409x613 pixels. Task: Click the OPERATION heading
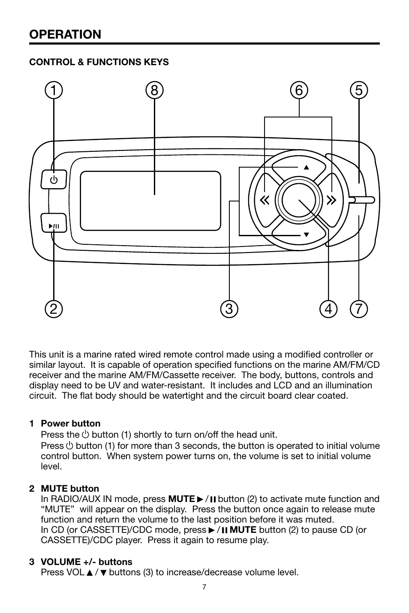(x=65, y=34)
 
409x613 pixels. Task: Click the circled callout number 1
(x=54, y=90)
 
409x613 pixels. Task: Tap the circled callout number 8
(x=154, y=90)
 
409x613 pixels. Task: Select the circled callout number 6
(x=298, y=90)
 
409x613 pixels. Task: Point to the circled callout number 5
(x=358, y=90)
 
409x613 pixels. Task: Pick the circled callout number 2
(x=54, y=309)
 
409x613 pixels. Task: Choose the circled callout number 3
(x=229, y=309)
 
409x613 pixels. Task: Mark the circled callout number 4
(x=328, y=309)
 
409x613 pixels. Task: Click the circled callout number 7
(x=358, y=309)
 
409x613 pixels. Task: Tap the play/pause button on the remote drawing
(x=54, y=223)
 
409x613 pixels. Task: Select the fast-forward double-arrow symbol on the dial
(x=331, y=200)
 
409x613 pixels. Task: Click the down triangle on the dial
(x=306, y=235)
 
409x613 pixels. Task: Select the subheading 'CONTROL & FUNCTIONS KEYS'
(x=99, y=62)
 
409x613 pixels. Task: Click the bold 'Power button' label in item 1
(x=71, y=424)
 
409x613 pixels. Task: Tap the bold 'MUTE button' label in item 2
(x=70, y=489)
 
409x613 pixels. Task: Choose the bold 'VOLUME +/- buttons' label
(x=87, y=562)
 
